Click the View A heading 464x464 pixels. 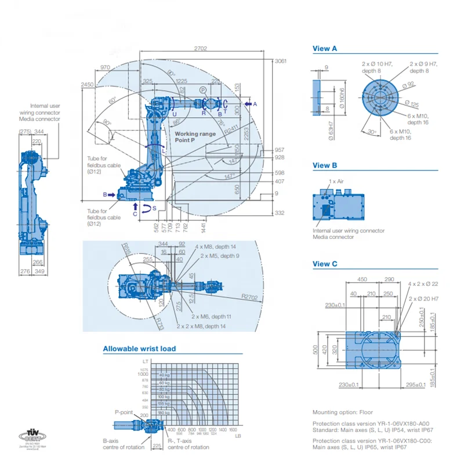coord(325,49)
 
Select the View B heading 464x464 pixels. coord(325,165)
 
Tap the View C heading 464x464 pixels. coord(325,264)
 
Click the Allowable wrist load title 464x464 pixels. coord(139,349)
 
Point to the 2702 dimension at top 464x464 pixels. coord(200,49)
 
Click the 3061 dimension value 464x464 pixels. coord(281,61)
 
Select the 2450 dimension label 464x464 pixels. coord(87,85)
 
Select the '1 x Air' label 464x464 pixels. coord(336,182)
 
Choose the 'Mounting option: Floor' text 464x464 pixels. coord(343,412)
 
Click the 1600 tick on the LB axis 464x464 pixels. coord(233,429)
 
